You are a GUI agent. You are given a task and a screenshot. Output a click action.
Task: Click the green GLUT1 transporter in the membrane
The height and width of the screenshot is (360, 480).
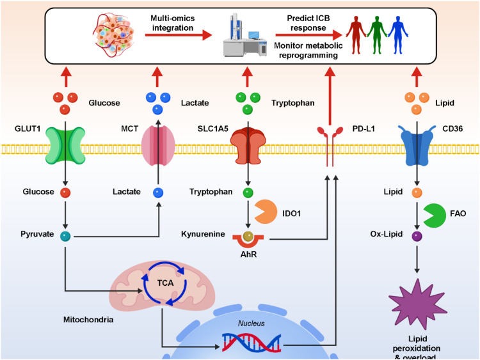65,146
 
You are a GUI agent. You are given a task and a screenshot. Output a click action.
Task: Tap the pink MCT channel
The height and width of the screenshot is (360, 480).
158,146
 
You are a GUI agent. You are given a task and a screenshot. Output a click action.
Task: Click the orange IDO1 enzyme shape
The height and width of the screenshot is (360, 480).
265,212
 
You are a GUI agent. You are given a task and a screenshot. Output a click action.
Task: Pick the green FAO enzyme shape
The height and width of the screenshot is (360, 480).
435,215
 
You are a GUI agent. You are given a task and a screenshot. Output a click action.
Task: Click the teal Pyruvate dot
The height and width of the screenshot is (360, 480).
65,237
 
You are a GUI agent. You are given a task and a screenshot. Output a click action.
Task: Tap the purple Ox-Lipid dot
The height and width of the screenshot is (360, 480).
417,237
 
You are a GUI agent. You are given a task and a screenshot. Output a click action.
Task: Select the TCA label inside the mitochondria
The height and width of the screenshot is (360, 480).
165,283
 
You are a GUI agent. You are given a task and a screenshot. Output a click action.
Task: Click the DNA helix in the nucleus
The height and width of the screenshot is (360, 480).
252,342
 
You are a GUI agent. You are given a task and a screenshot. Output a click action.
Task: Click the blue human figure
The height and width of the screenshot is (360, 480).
398,35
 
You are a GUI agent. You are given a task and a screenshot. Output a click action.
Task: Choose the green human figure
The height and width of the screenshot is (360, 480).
377,35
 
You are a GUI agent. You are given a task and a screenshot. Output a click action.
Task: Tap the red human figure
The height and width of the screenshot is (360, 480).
356,35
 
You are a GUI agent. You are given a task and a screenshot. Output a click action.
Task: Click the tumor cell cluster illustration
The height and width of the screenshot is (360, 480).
113,35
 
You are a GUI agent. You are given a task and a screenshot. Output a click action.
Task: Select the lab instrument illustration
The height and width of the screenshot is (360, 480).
245,35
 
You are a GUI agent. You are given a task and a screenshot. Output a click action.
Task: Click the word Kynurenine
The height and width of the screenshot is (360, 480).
203,234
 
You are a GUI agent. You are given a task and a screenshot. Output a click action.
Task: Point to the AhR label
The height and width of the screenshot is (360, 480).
248,254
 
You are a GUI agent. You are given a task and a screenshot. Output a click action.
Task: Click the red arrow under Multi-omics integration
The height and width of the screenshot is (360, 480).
179,35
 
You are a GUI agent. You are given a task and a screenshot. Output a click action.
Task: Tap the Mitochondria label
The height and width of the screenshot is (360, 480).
88,320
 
